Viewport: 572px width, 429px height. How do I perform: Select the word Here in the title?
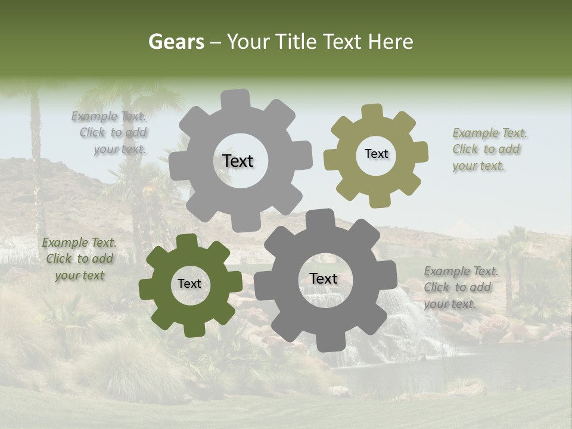pyautogui.click(x=390, y=42)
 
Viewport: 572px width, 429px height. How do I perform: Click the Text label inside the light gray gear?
pyautogui.click(x=238, y=161)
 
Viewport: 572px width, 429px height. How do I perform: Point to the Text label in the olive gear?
pyautogui.click(x=376, y=154)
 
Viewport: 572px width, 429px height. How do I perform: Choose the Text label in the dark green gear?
pyautogui.click(x=189, y=284)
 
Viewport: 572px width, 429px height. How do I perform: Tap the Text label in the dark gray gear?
pyautogui.click(x=323, y=278)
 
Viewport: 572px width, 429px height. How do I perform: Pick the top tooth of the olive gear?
pyautogui.click(x=372, y=111)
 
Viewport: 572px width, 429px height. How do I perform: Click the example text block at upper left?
pyautogui.click(x=111, y=133)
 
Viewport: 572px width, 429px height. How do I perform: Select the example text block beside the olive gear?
pyautogui.click(x=490, y=150)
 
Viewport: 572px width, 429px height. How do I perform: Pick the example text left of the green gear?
pyautogui.click(x=79, y=259)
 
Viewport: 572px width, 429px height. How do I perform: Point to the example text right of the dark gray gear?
pyautogui.click(x=461, y=287)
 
